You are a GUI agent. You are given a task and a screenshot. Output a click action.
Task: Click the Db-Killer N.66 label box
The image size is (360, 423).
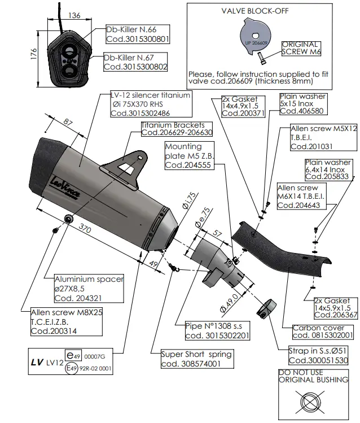tap(138, 34)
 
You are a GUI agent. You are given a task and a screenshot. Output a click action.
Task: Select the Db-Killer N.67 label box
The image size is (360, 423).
tap(137, 62)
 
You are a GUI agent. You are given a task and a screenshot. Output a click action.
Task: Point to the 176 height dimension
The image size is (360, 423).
tap(34, 54)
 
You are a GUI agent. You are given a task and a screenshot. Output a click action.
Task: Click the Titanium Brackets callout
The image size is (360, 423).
tap(169, 128)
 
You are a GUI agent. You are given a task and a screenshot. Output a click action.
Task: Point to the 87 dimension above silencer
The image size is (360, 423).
tap(69, 123)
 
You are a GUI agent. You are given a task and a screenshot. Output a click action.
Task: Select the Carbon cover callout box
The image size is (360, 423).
tap(323, 331)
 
